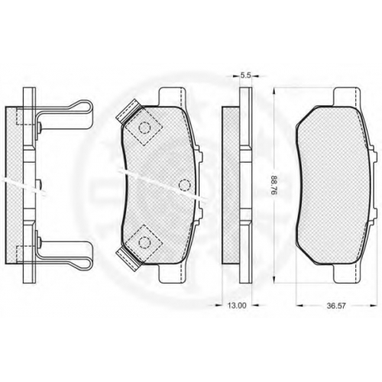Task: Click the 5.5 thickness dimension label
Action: tap(245, 75)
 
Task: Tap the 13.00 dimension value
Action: tap(237, 306)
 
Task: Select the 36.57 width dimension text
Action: tap(336, 306)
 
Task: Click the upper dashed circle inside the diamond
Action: tap(145, 128)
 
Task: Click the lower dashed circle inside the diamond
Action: tap(144, 242)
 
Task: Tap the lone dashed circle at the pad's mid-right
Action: tap(185, 185)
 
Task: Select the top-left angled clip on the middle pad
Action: tap(128, 110)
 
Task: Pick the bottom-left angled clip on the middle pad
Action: tap(128, 260)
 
